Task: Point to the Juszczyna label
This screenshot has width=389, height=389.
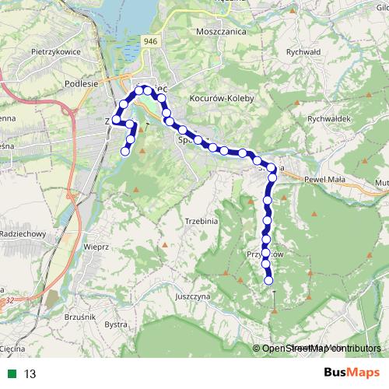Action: coord(194,296)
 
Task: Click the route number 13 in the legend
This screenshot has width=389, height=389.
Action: coord(30,374)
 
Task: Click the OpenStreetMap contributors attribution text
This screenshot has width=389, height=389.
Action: coord(321,349)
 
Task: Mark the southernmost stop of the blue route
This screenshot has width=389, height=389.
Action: coord(269,281)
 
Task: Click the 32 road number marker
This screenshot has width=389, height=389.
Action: coord(9,299)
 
